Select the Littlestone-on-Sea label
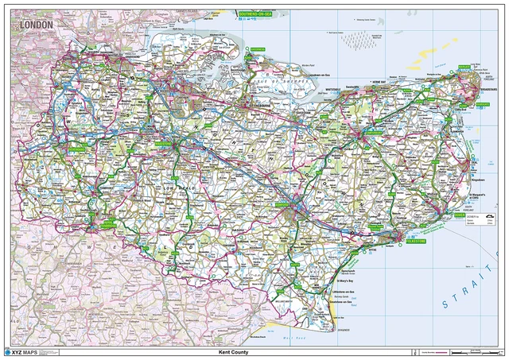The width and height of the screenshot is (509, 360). click(x=343, y=293)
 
